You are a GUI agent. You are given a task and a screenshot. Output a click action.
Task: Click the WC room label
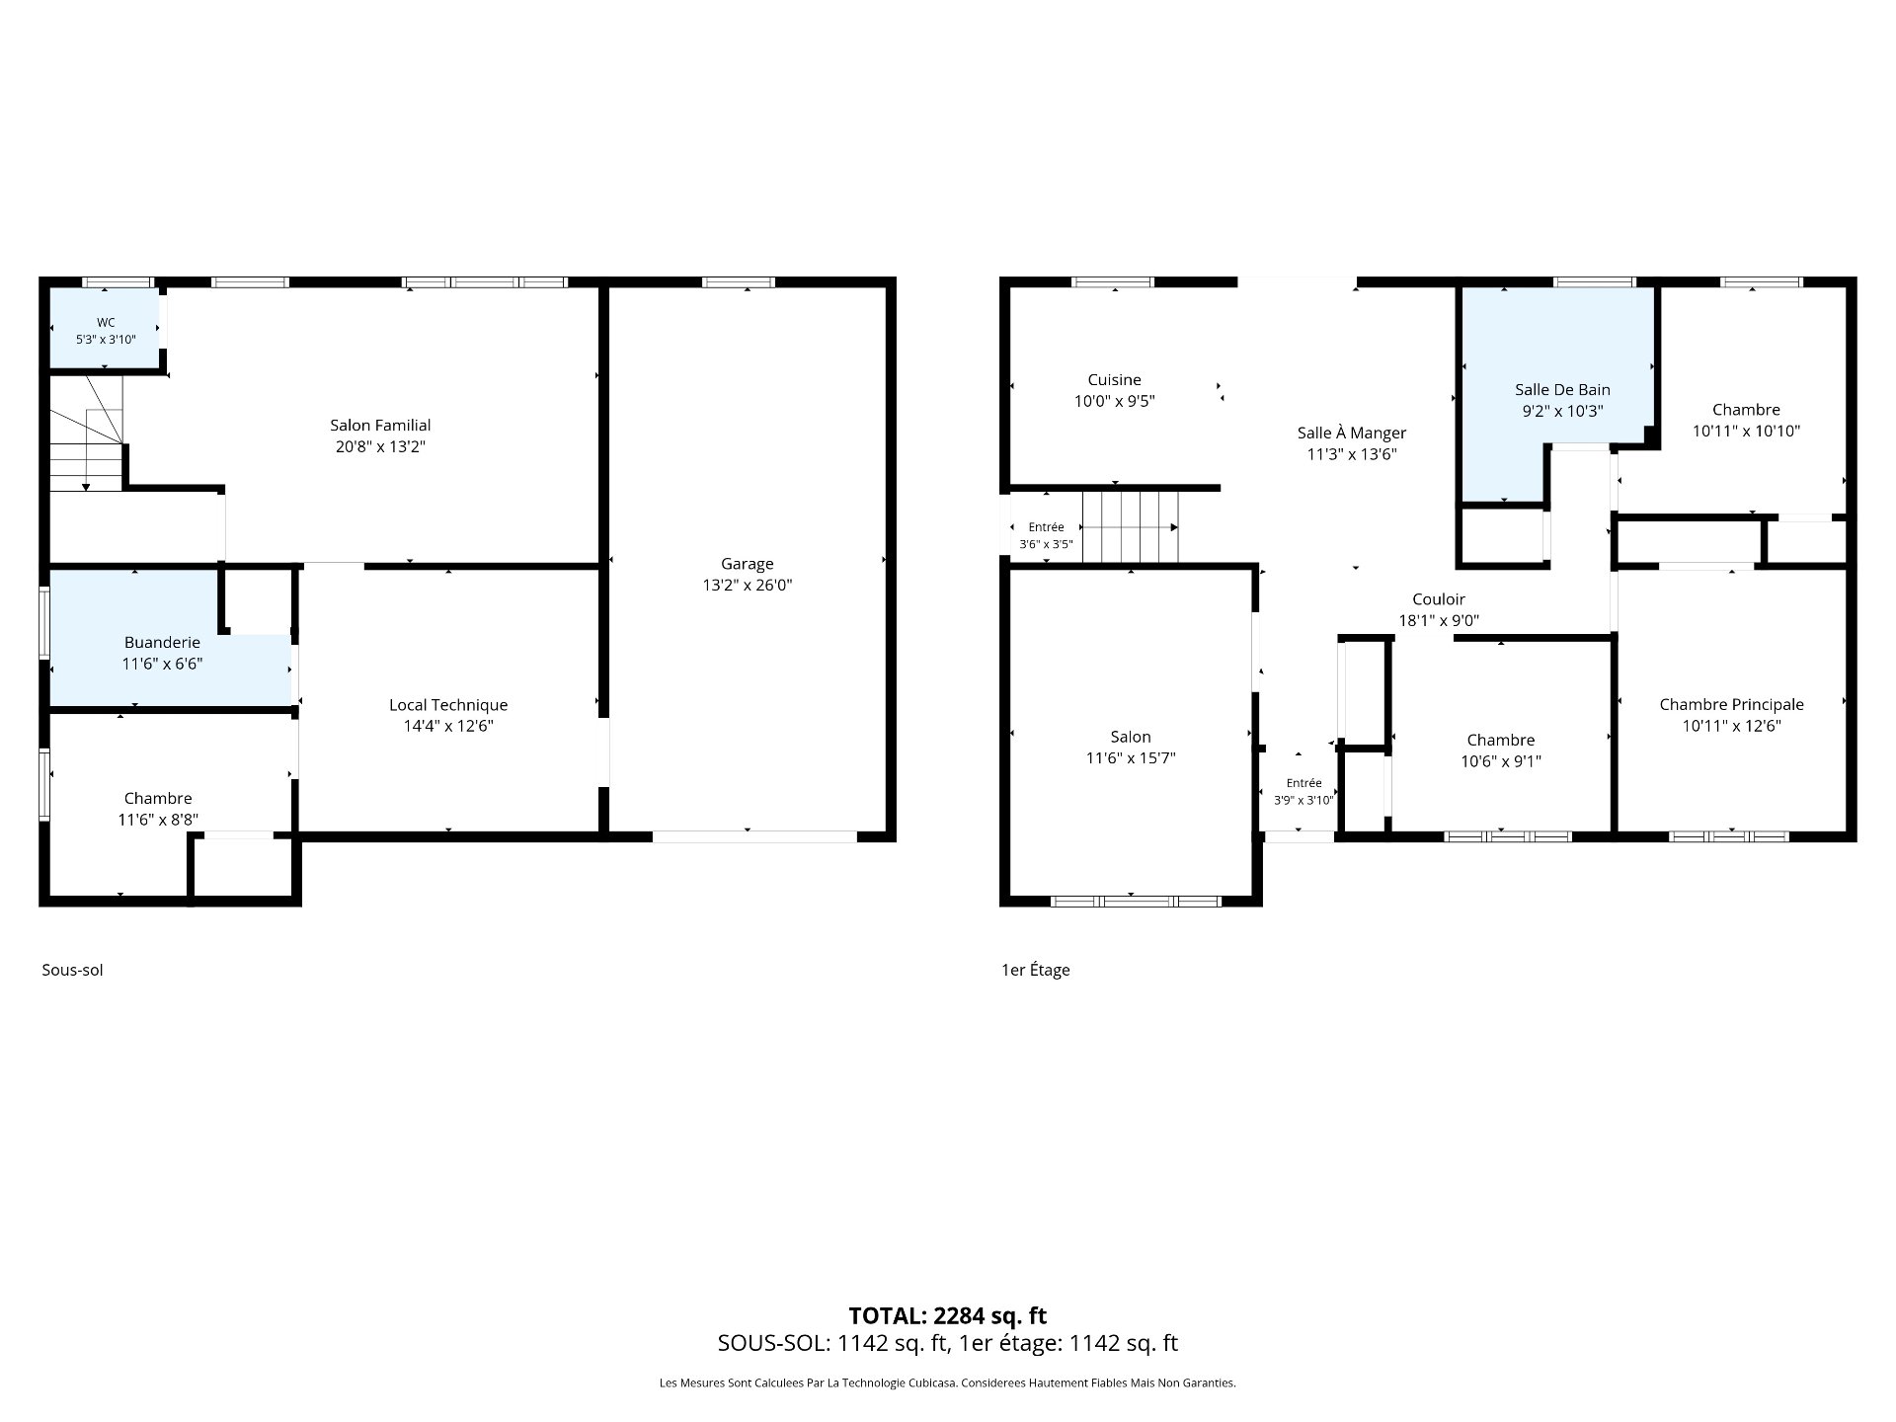tap(106, 323)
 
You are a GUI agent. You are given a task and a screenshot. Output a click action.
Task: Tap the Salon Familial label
tap(380, 426)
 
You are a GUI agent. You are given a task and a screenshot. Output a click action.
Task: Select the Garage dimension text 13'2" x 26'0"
tap(748, 586)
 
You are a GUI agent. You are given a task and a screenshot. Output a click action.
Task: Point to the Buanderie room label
tap(162, 643)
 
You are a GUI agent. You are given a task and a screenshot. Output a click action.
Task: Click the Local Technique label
tap(448, 705)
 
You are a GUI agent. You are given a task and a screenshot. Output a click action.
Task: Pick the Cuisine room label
tap(1115, 380)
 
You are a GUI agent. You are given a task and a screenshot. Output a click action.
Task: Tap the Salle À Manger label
tap(1352, 434)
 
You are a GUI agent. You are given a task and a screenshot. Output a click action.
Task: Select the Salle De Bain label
tap(1563, 390)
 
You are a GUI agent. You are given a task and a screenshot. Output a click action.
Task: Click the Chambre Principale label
tap(1732, 705)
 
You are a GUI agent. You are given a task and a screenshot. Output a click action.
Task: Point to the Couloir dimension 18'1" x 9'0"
tap(1439, 621)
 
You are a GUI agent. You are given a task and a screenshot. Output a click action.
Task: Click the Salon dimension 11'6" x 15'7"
tap(1131, 758)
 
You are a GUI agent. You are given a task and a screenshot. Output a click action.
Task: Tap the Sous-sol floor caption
tap(72, 970)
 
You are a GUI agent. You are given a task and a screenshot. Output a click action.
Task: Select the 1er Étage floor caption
tap(1036, 970)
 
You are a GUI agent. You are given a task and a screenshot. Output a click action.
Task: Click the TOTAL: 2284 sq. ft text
tap(948, 1316)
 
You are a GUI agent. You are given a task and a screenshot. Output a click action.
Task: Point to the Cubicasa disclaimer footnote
tap(948, 1383)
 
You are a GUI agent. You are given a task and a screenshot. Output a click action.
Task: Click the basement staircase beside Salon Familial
tap(87, 433)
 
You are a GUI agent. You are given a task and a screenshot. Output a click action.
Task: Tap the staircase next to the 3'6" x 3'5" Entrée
tap(1131, 527)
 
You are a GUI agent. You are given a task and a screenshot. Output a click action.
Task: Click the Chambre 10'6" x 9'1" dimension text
tap(1501, 761)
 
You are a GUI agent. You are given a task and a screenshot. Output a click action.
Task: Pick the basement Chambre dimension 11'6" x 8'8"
tap(158, 820)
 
